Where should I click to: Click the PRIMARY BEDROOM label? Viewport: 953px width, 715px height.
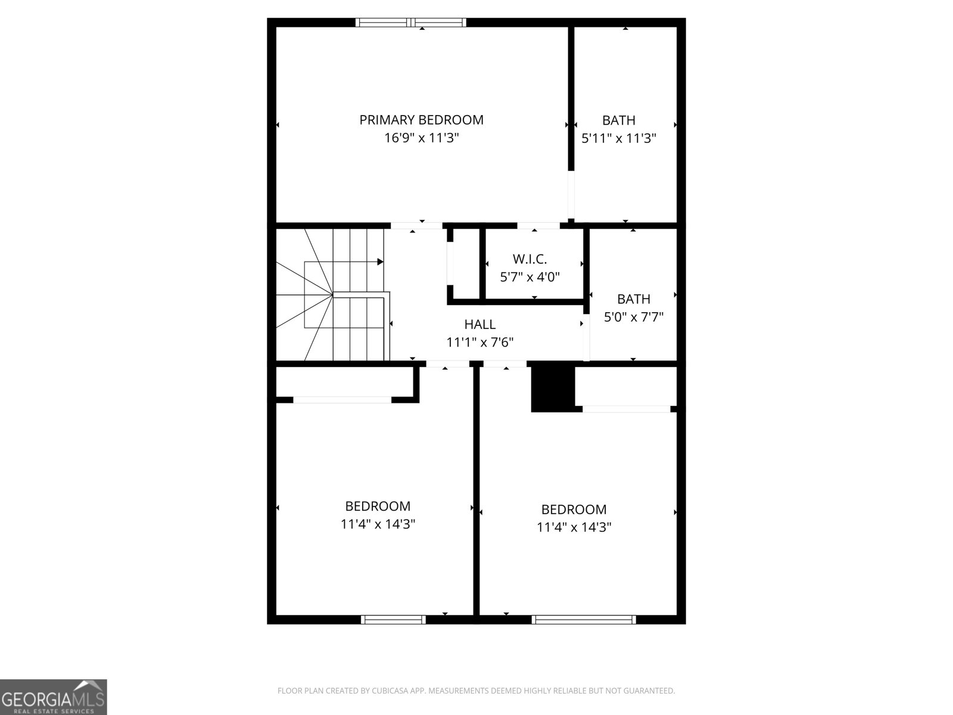421,120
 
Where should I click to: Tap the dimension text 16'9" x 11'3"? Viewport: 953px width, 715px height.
421,138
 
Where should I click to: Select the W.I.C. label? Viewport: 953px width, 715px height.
530,259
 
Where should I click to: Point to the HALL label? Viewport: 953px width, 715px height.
479,325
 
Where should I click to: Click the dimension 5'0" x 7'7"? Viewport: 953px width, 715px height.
633,317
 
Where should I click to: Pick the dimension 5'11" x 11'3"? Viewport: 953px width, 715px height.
618,138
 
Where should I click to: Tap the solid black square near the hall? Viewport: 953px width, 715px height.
552,388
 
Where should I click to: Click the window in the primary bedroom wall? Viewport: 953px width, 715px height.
411,23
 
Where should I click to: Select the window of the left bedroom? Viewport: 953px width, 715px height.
393,620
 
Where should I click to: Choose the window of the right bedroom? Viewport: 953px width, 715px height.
583,620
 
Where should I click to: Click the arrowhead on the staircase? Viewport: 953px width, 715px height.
380,262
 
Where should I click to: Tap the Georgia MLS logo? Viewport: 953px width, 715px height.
53,697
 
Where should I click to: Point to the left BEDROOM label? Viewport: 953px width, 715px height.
378,506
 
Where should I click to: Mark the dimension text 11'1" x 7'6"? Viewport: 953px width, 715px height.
479,343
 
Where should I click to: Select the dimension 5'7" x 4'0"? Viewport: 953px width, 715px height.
530,277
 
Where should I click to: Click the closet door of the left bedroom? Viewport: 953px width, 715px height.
342,400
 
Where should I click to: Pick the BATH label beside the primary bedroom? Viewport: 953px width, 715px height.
618,120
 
